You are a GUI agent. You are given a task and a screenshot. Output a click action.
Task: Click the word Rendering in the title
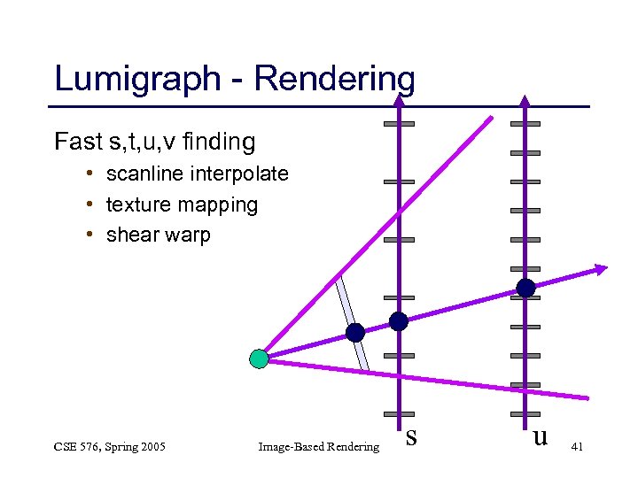point(334,79)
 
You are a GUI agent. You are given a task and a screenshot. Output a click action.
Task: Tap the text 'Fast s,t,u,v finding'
point(154,142)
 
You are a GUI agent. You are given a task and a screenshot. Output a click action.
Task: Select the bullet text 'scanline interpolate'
point(197,173)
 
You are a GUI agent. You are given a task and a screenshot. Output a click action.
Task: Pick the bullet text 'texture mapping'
point(182,204)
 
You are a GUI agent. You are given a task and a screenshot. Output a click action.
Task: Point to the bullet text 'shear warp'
point(158,235)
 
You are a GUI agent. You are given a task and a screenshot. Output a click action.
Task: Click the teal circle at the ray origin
point(259,358)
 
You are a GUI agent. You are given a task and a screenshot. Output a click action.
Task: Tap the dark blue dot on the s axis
point(399,321)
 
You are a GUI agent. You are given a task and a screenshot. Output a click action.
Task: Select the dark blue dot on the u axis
point(525,288)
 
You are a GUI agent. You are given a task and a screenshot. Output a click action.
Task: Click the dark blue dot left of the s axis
point(355,333)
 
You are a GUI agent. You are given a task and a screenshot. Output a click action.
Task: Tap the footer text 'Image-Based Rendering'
point(318,446)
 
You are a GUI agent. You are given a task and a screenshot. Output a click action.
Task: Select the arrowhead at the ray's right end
point(601,268)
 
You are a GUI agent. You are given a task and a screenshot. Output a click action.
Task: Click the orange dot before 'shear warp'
point(92,235)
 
